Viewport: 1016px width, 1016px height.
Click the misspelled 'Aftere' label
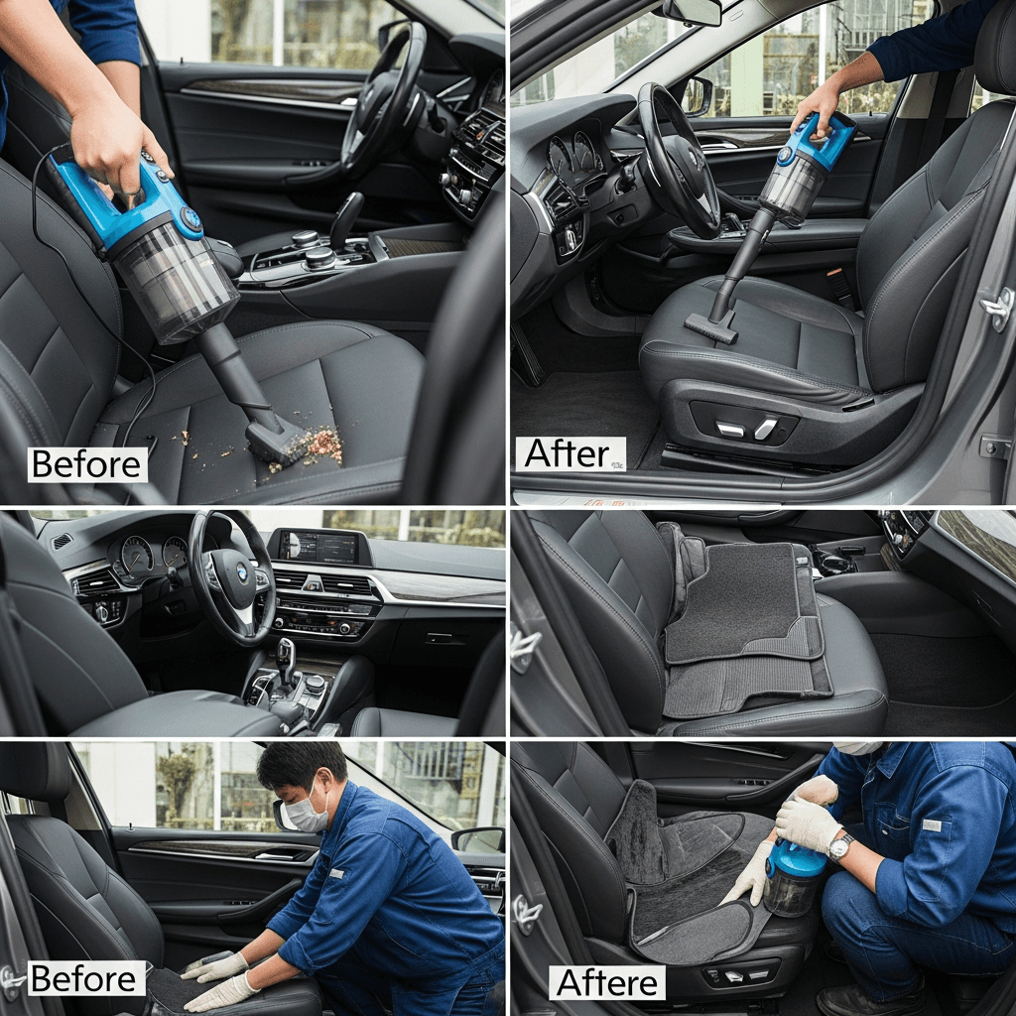606,982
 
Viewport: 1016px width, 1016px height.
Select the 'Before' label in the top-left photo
87,464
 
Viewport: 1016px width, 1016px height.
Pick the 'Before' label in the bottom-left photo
86,978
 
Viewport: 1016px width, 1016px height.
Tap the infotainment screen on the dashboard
317,547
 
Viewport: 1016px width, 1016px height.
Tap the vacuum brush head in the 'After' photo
710,327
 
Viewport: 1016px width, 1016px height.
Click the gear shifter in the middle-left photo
286,657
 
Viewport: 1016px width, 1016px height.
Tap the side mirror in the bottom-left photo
478,839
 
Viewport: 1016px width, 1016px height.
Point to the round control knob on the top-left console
319,257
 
